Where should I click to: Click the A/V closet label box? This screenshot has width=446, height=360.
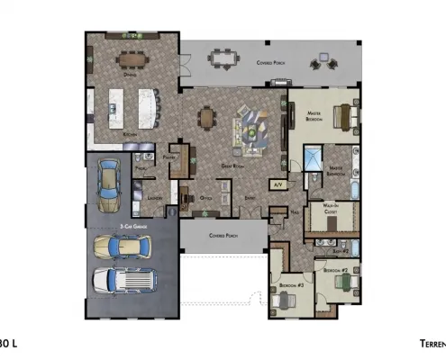click(x=278, y=184)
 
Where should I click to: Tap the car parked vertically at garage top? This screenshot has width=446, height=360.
click(x=109, y=176)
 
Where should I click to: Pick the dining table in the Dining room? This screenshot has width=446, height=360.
click(x=133, y=61)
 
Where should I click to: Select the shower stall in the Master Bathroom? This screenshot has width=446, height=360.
click(x=311, y=162)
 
